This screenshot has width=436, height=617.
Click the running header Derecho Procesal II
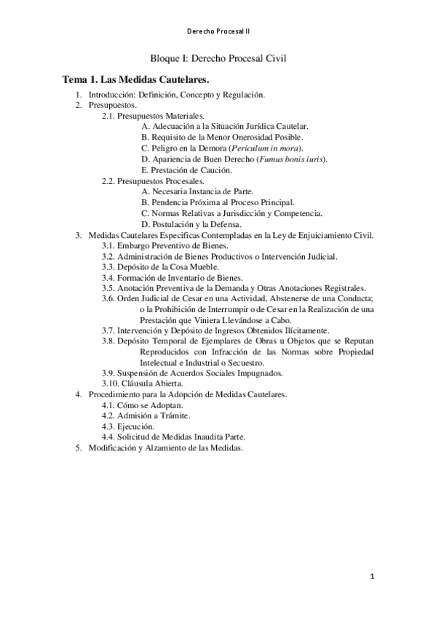[x=218, y=33]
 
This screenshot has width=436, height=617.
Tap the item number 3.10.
[x=111, y=383]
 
